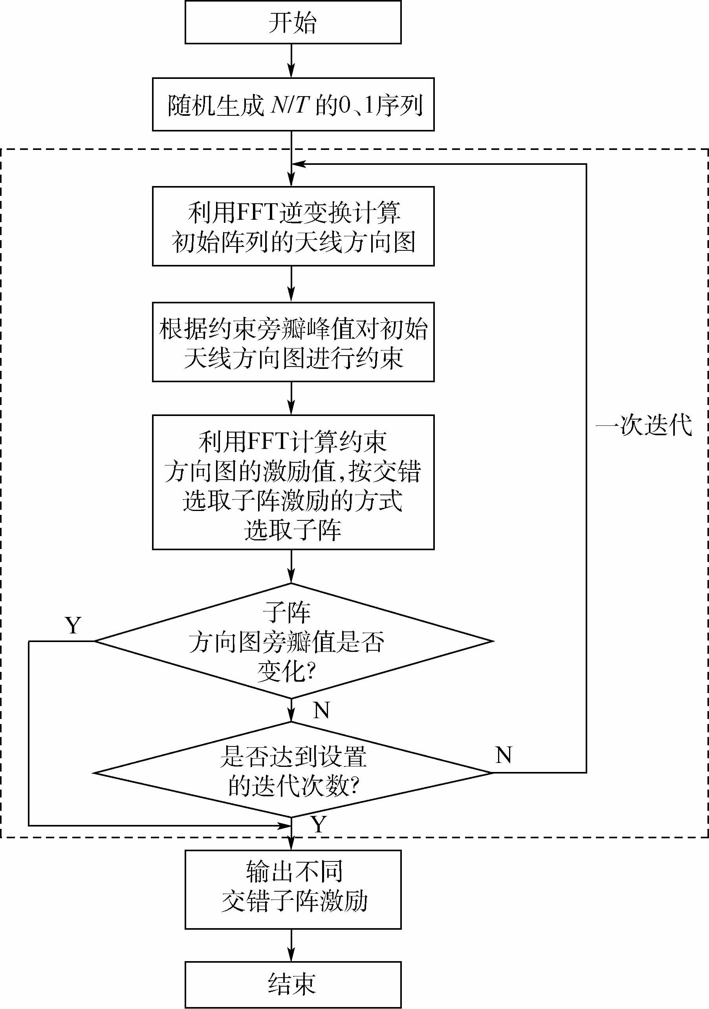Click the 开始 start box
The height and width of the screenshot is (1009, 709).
click(293, 22)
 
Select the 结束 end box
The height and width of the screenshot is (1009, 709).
click(293, 985)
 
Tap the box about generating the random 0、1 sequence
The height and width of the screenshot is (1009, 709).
click(293, 105)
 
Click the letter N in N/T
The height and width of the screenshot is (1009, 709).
click(278, 105)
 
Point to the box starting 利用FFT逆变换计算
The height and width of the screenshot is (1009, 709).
click(293, 226)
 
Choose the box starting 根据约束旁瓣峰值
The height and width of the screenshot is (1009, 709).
click(293, 342)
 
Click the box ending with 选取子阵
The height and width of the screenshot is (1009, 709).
click(293, 482)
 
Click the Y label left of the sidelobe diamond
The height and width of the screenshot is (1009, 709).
click(73, 625)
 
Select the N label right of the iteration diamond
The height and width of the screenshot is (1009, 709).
click(504, 755)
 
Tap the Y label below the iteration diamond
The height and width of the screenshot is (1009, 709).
click(319, 825)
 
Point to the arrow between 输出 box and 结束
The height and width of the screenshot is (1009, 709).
click(291, 945)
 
